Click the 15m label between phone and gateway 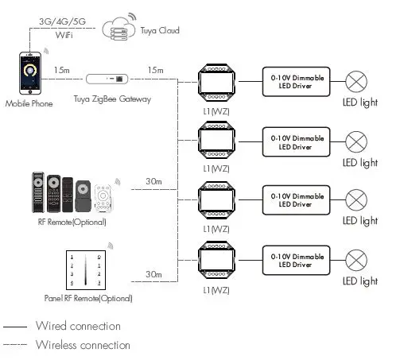point(62,71)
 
